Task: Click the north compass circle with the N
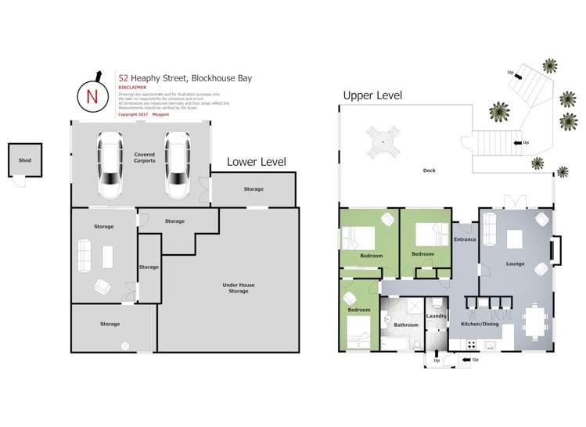pyautogui.click(x=92, y=97)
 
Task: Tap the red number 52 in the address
pyautogui.click(x=123, y=78)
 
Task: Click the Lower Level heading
pyautogui.click(x=256, y=162)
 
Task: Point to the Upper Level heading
pyautogui.click(x=372, y=95)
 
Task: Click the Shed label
pyautogui.click(x=25, y=161)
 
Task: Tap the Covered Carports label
pyautogui.click(x=144, y=157)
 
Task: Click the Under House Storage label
pyautogui.click(x=238, y=288)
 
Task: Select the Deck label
pyautogui.click(x=429, y=170)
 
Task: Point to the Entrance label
pyautogui.click(x=465, y=239)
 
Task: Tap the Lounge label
pyautogui.click(x=515, y=264)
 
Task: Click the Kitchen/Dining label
pyautogui.click(x=480, y=323)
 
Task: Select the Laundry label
pyautogui.click(x=436, y=316)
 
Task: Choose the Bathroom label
pyautogui.click(x=405, y=325)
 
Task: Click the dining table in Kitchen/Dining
pyautogui.click(x=535, y=320)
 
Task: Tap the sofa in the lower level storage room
pyautogui.click(x=84, y=255)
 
